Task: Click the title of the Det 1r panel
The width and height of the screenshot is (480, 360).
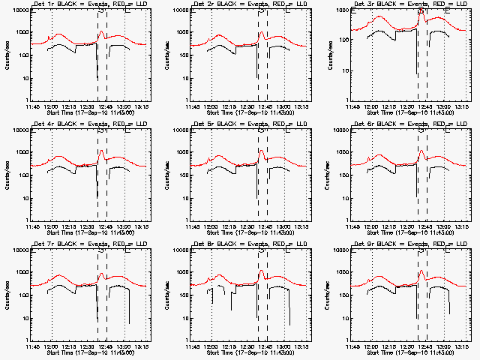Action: [x=89, y=4]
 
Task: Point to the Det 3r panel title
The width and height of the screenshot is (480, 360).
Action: [x=410, y=4]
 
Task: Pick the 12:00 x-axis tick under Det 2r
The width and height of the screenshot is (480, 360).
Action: [x=211, y=106]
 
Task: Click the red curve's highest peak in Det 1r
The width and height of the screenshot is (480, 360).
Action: [x=101, y=31]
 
